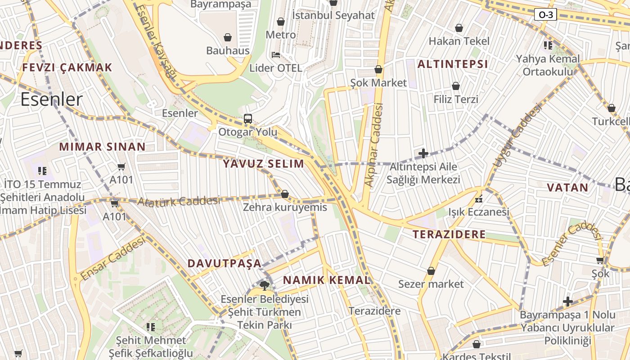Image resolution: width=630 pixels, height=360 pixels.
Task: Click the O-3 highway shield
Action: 546,15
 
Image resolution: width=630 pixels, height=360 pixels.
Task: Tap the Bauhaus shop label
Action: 228,50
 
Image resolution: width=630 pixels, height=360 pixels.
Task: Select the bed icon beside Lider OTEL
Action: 276,55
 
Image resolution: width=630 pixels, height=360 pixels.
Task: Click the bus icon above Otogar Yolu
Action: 248,119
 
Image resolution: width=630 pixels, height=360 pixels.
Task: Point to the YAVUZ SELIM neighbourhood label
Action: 264,164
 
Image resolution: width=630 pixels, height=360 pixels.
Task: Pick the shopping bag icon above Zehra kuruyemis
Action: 284,194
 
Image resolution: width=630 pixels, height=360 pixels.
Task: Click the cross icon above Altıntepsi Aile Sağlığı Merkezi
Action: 423,153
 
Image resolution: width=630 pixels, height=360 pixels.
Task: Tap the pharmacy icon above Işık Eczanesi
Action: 479,198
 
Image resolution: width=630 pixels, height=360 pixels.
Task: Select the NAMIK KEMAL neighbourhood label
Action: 327,280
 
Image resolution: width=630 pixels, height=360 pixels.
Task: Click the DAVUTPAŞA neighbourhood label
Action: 224,263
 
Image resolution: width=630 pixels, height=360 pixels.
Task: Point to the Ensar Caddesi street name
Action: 113,258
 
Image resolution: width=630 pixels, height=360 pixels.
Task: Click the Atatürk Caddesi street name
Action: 178,201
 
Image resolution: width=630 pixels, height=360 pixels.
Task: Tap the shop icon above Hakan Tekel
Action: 459,28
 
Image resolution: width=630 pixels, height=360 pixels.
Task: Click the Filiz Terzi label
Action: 456,99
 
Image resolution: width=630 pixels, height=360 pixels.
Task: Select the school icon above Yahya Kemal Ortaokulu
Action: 548,45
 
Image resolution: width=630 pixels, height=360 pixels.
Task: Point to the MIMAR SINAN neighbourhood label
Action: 103,147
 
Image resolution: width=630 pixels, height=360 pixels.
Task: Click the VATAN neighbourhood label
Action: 567,188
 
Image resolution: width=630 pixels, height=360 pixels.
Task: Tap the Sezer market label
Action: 431,284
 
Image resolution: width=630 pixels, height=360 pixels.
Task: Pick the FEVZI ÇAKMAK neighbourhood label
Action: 67,67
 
